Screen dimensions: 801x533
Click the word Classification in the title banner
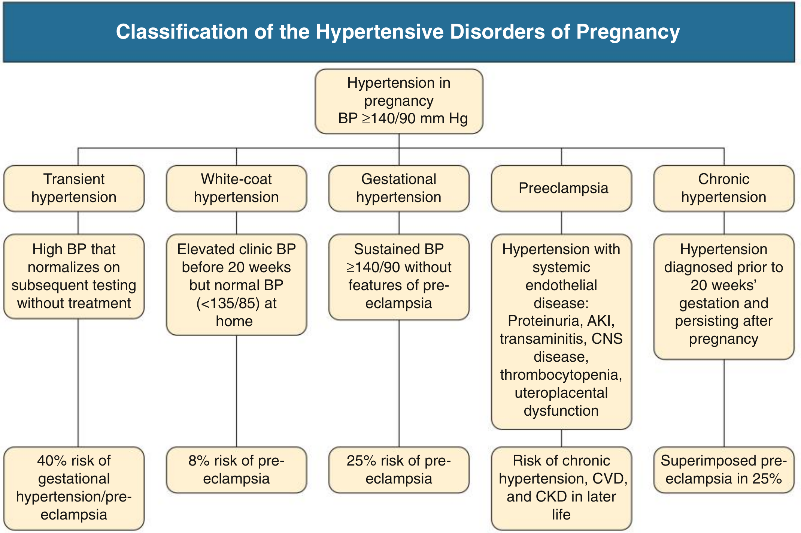pyautogui.click(x=182, y=31)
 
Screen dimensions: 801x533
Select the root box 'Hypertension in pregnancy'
pyautogui.click(x=399, y=101)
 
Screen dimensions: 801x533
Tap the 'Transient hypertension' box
pyautogui.click(x=74, y=188)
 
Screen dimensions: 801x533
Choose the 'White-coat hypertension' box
pyautogui.click(x=236, y=188)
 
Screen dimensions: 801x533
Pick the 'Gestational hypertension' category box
pyautogui.click(x=399, y=188)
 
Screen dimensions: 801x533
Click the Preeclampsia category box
pyautogui.click(x=561, y=188)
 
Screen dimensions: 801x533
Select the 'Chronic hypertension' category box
pyautogui.click(x=724, y=188)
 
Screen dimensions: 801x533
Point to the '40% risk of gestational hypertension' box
pyautogui.click(x=74, y=488)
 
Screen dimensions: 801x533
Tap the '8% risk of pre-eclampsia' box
pyautogui.click(x=236, y=470)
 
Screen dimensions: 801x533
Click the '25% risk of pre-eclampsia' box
pyautogui.click(x=399, y=470)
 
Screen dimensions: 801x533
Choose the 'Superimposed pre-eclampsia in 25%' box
pyautogui.click(x=724, y=470)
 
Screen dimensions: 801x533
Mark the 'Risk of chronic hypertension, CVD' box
pyautogui.click(x=561, y=488)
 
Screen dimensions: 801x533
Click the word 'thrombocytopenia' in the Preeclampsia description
pyautogui.click(x=561, y=375)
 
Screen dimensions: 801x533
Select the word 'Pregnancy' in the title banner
pyautogui.click(x=628, y=32)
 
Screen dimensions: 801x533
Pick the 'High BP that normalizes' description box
pyautogui.click(x=74, y=277)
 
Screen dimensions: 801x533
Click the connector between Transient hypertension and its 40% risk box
pyautogui.click(x=78, y=383)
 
